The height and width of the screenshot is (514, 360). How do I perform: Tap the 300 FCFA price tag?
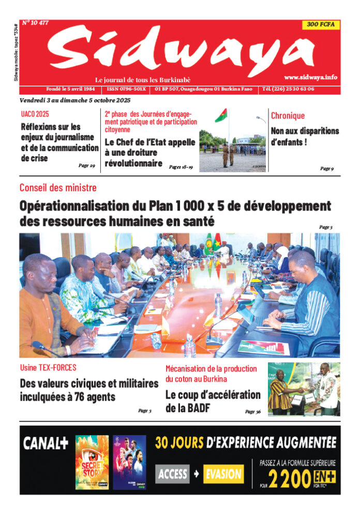[x=321, y=25]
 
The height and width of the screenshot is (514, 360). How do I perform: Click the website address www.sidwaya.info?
[x=310, y=77]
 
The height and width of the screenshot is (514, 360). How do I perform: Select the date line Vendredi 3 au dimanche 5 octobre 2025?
[x=75, y=100]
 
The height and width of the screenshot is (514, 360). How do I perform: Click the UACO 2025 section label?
[x=35, y=114]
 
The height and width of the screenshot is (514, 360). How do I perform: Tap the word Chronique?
[x=288, y=116]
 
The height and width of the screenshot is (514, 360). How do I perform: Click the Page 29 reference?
[x=86, y=165]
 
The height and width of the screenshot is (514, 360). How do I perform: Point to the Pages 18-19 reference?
[x=181, y=167]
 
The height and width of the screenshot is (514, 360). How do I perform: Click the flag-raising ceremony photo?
[x=233, y=140]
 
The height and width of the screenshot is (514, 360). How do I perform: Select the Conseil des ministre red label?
[x=58, y=188]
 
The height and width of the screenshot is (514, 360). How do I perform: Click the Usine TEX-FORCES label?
[x=48, y=368]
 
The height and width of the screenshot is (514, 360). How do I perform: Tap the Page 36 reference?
[x=253, y=412]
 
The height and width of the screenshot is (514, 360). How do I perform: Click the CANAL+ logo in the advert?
[x=46, y=443]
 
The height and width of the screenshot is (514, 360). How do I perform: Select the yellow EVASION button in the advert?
[x=223, y=474]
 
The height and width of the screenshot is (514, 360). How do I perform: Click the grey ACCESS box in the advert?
[x=173, y=474]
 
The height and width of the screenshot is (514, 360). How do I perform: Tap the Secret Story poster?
[x=92, y=462]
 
